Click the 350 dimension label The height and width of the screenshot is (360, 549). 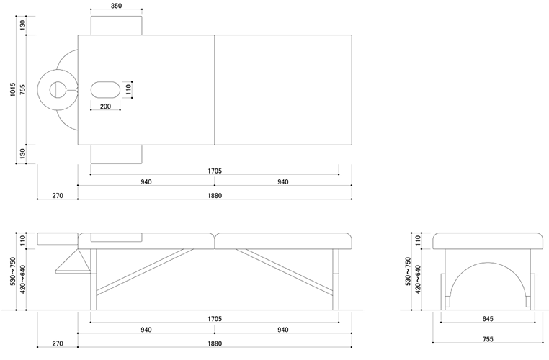(116, 6)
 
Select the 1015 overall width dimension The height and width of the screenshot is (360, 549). (13, 89)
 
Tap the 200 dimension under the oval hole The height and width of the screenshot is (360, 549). (105, 107)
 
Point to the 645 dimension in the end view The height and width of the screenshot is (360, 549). (488, 319)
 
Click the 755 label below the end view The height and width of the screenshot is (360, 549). (488, 339)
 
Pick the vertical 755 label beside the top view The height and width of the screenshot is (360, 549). (23, 89)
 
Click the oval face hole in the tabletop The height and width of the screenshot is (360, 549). (105, 89)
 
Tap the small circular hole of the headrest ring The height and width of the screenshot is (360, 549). (57, 89)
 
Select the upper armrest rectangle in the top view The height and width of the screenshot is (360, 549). (116, 25)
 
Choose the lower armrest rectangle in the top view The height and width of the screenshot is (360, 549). (116, 154)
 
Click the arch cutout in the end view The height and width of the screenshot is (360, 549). (488, 285)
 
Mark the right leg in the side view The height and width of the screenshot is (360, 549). (336, 279)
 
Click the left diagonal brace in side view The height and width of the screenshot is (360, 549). (145, 272)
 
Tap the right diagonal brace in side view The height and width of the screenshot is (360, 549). (284, 271)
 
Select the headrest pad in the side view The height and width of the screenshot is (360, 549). (58, 238)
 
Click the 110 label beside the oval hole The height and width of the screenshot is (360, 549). (128, 89)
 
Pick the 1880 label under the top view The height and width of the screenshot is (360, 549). (215, 196)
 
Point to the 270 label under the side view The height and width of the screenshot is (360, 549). (58, 343)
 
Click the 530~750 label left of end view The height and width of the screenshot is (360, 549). (408, 271)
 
